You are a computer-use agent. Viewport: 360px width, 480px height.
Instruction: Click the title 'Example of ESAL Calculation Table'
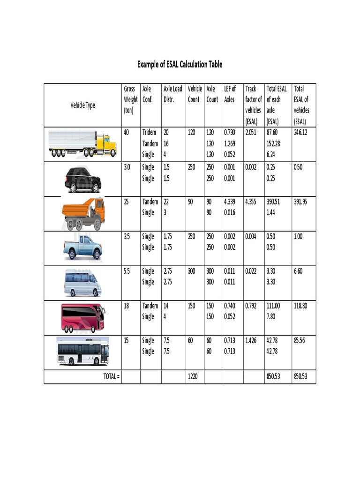point(180,64)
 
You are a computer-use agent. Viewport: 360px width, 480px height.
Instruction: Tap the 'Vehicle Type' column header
point(83,105)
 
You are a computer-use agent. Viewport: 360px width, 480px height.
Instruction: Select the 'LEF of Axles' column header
point(230,94)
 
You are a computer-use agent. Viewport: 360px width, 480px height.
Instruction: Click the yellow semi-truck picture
point(83,144)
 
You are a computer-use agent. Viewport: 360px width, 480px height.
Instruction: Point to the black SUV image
point(83,180)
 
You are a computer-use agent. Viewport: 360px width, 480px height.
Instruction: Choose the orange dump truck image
point(83,214)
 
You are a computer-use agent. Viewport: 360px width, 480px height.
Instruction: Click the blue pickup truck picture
point(83,247)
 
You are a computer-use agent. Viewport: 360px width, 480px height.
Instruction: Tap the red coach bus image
point(83,317)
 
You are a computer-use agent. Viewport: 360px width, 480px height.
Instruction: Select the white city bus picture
point(83,351)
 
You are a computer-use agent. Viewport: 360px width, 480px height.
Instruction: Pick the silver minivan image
point(83,283)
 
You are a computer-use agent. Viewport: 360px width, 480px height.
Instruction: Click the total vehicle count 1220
point(193,376)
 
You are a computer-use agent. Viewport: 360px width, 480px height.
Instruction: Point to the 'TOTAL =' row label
point(112,376)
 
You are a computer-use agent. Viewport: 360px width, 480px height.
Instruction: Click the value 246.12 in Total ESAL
point(300,133)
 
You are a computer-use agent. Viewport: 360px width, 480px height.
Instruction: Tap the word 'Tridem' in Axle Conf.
point(149,133)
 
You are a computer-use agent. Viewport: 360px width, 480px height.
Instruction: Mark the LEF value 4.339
point(230,202)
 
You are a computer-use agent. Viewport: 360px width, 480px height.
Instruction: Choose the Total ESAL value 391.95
point(300,202)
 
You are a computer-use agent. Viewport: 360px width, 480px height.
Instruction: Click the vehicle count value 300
point(193,271)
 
